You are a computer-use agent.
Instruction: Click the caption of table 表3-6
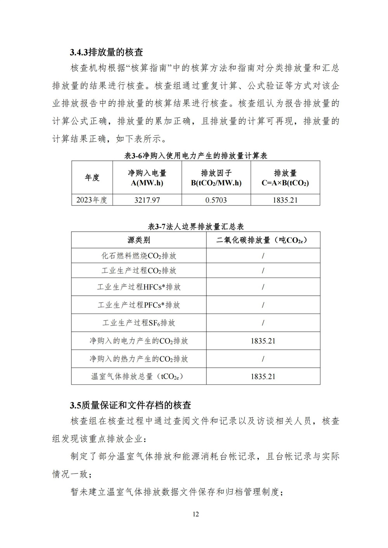click(196, 156)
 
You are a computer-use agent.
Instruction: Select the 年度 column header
click(92, 177)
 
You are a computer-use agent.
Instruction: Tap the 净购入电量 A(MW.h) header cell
click(147, 178)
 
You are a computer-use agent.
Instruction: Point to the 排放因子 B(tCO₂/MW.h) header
click(216, 178)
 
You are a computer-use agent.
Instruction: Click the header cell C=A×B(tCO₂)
click(285, 178)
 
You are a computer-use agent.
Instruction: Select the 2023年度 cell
click(92, 200)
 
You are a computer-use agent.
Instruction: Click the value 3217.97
click(147, 200)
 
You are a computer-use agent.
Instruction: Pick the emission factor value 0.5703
click(216, 200)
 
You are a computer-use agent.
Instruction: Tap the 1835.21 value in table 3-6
click(285, 200)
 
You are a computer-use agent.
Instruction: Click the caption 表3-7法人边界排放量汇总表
click(196, 227)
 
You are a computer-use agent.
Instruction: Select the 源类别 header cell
click(139, 240)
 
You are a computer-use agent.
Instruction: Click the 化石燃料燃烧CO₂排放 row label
click(139, 256)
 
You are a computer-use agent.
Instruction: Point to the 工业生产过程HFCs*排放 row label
click(139, 287)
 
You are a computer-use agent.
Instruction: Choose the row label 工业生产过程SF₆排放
click(139, 323)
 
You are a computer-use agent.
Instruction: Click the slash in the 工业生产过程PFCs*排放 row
click(263, 305)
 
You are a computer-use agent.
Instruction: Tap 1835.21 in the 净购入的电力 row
click(263, 341)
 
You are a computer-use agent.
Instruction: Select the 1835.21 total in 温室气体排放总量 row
click(263, 376)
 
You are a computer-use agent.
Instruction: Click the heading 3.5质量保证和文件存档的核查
click(130, 405)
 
